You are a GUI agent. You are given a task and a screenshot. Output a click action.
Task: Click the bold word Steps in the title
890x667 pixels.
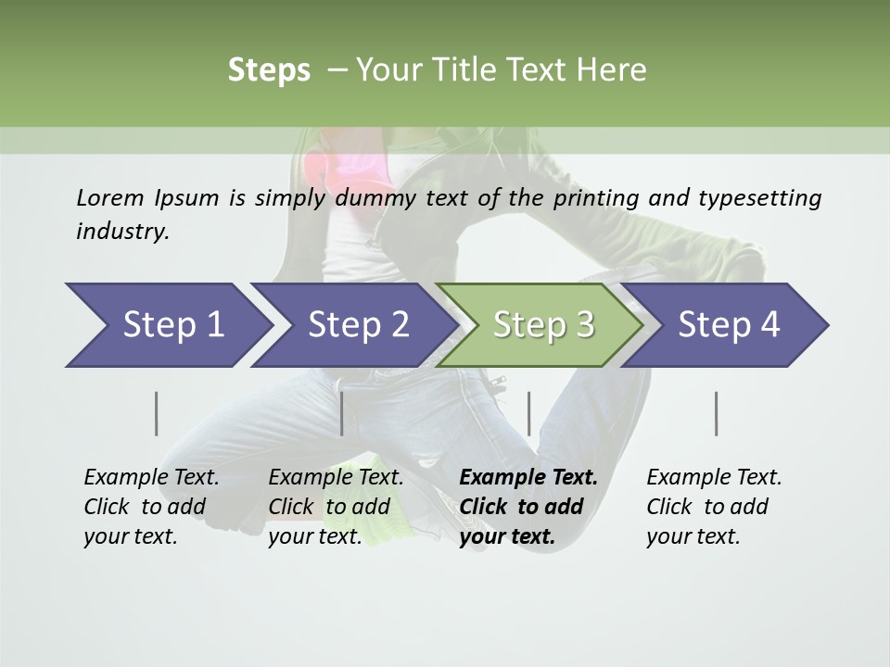coord(269,70)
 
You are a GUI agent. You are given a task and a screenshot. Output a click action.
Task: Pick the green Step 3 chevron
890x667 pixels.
coord(542,325)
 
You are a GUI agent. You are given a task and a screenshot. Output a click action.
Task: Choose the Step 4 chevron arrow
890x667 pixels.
coord(729,325)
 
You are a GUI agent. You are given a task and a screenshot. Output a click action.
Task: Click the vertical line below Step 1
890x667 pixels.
coord(157,413)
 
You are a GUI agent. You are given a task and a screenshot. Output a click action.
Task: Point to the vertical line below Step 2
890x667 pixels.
coord(342,413)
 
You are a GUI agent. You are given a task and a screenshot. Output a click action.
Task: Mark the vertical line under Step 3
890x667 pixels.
coord(528,413)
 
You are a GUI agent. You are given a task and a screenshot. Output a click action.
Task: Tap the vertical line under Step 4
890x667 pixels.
coord(717,413)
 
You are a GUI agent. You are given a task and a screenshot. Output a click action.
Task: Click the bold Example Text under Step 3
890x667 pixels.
coord(528,478)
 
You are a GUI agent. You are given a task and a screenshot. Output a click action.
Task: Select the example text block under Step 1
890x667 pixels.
coord(151,507)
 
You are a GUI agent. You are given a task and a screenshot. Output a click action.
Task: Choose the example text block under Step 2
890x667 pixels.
coord(336,507)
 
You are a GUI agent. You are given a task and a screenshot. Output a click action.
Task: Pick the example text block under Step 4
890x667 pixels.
coord(714,507)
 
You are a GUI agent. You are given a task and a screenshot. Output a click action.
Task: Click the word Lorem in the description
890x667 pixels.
coord(110,198)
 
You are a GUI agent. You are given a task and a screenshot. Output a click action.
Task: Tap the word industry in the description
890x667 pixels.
coord(122,232)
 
